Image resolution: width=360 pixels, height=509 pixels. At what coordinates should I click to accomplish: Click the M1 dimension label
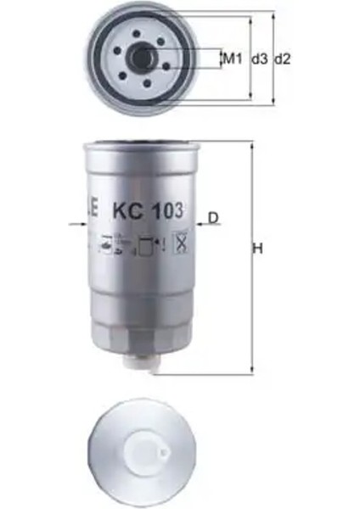[x=233, y=59]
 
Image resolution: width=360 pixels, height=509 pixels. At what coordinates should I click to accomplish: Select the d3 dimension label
[x=260, y=59]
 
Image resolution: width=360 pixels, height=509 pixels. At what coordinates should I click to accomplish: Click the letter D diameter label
[x=213, y=218]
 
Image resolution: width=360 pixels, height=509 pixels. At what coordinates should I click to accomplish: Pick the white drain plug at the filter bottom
[x=139, y=364]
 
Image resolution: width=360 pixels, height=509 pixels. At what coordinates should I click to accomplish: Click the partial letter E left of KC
[x=94, y=208]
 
